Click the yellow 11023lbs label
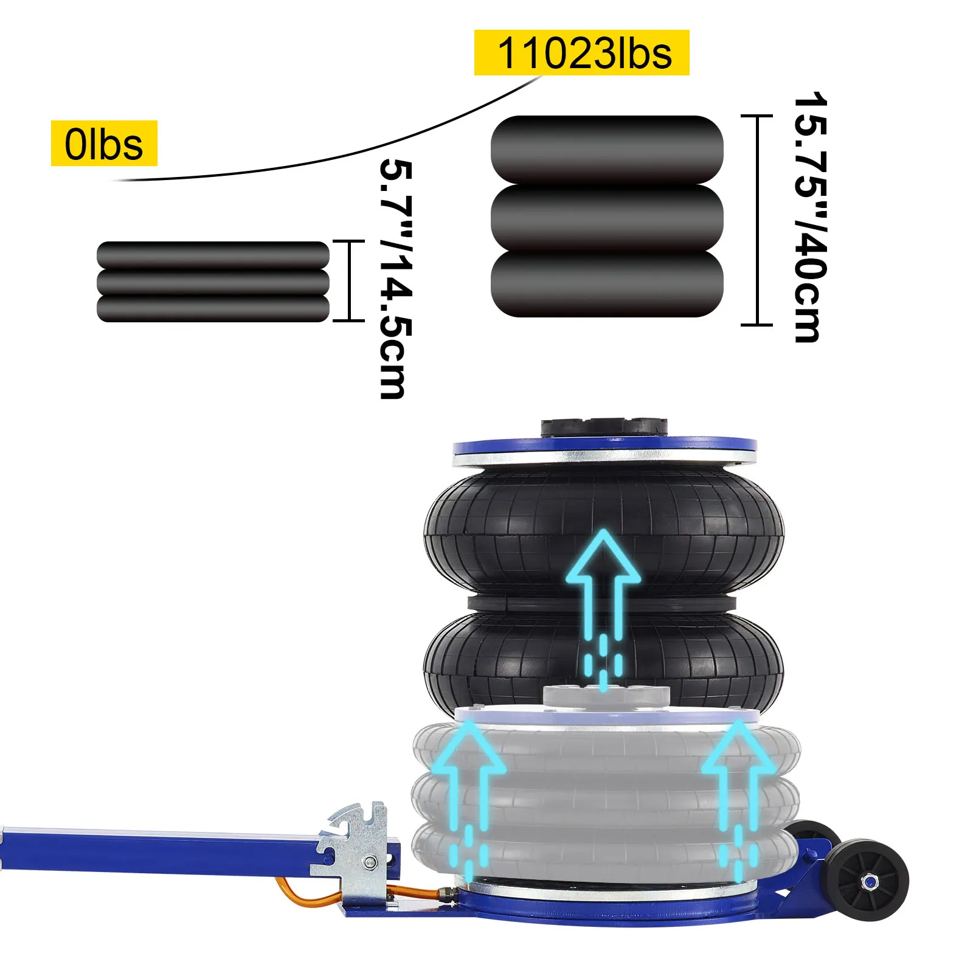[x=581, y=53]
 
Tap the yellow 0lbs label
[x=104, y=144]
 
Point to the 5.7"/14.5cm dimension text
[x=395, y=279]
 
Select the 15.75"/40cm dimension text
[x=811, y=218]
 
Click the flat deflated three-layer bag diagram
[x=213, y=282]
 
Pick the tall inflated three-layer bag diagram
[x=607, y=216]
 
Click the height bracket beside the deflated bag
[x=350, y=280]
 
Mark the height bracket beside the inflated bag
[x=757, y=220]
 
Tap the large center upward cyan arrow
[x=603, y=608]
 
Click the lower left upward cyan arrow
[x=469, y=797]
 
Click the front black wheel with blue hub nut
[x=868, y=880]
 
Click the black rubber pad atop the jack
[x=604, y=427]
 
